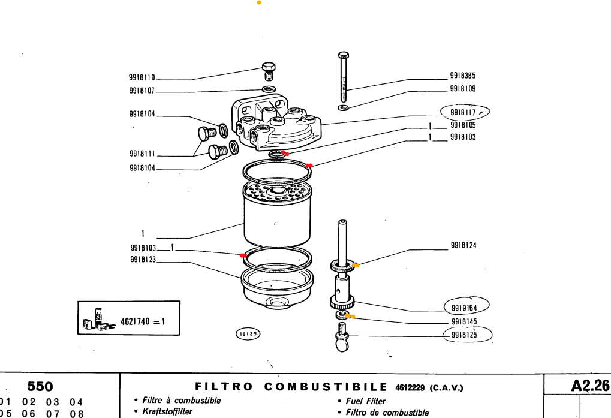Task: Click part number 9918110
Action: [x=142, y=77]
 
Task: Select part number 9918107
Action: [x=142, y=91]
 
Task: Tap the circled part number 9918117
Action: [x=463, y=112]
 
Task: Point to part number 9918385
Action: [x=462, y=76]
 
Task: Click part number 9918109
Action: [x=462, y=89]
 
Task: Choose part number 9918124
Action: [x=463, y=245]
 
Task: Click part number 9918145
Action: [x=463, y=322]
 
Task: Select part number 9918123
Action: [x=142, y=260]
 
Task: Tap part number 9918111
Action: [x=142, y=154]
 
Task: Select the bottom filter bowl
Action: [x=276, y=288]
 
